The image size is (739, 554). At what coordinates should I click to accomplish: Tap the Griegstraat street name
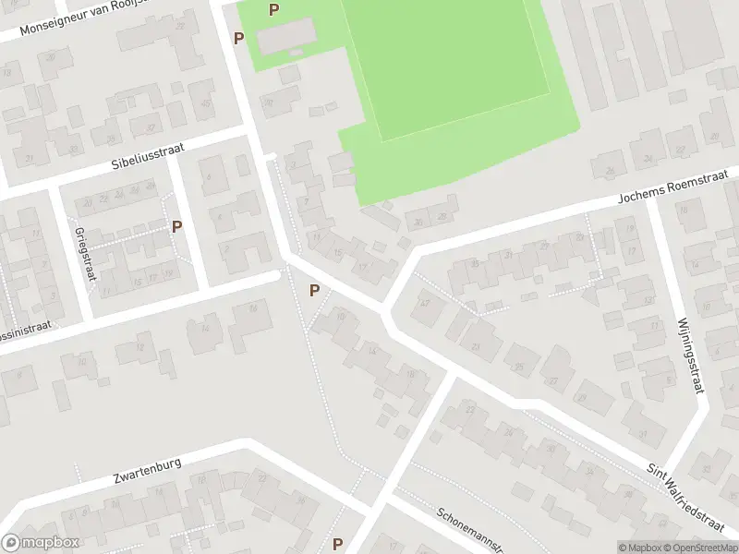click(x=81, y=247)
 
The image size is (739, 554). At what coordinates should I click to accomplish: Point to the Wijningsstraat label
click(x=691, y=354)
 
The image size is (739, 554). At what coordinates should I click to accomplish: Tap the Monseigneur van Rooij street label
click(x=83, y=17)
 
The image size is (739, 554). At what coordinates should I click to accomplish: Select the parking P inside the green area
click(x=273, y=10)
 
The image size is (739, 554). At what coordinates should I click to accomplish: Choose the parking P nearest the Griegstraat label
click(x=176, y=225)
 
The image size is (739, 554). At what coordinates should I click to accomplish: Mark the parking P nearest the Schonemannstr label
click(x=338, y=544)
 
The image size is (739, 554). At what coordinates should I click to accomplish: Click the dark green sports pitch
click(x=443, y=55)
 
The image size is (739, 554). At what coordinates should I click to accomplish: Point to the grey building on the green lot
click(x=285, y=40)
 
